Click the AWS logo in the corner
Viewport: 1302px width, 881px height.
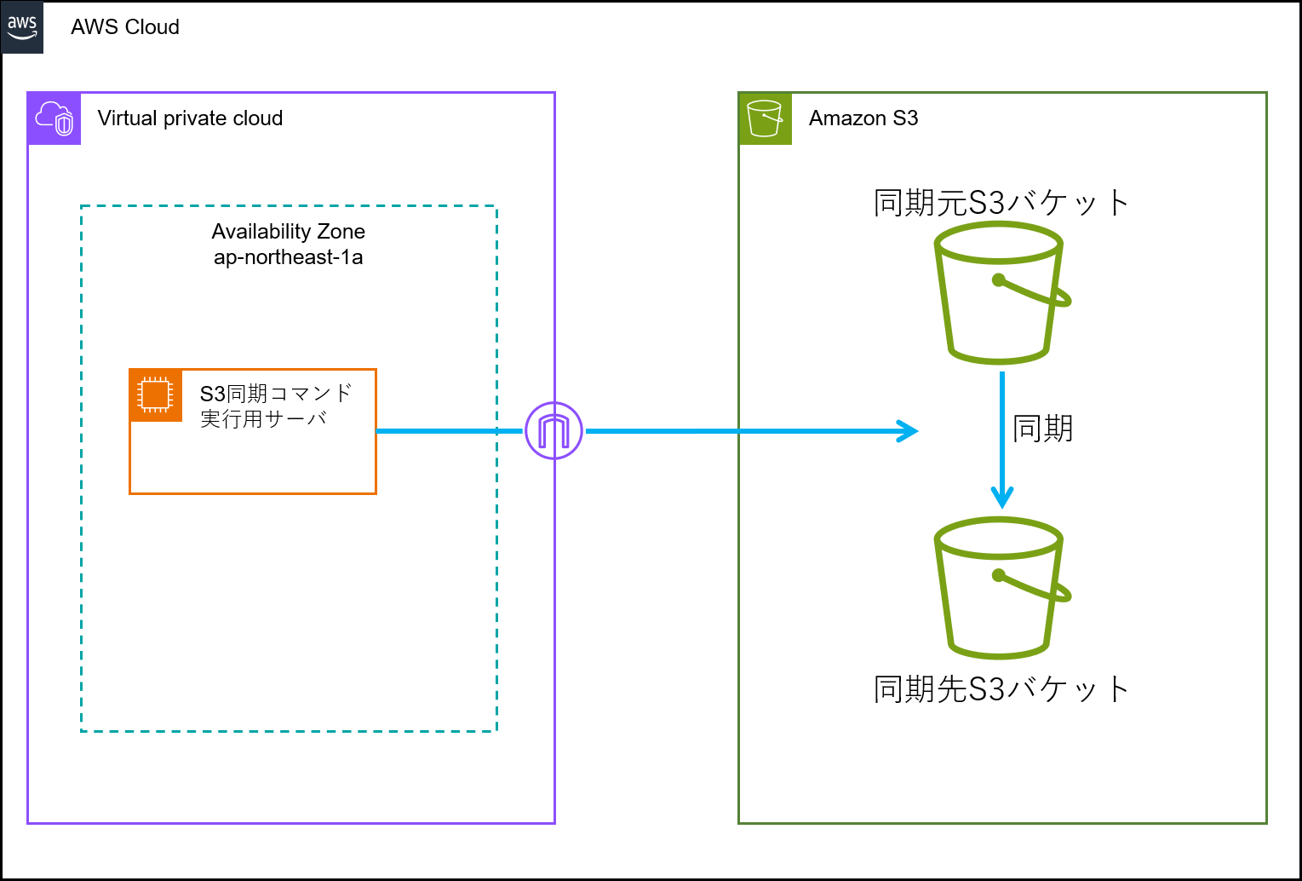[x=22, y=27]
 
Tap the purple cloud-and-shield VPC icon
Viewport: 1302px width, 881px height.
[x=54, y=118]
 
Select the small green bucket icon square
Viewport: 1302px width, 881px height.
[x=765, y=118]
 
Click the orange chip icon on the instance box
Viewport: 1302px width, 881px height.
[x=155, y=395]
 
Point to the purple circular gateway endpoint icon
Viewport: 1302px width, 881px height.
[x=553, y=431]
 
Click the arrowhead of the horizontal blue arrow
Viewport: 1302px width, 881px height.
[x=909, y=431]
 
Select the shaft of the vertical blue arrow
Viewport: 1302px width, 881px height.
[x=1002, y=426]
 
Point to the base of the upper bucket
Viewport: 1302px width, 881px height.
[x=999, y=359]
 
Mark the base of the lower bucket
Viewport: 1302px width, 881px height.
[x=999, y=654]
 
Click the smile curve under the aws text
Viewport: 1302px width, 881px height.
[x=22, y=36]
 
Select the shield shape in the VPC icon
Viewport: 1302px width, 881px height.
[x=65, y=125]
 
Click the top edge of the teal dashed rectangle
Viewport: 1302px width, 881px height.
[x=289, y=206]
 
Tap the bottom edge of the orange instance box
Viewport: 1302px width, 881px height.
[x=253, y=493]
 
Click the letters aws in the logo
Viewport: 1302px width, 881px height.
[x=22, y=22]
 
